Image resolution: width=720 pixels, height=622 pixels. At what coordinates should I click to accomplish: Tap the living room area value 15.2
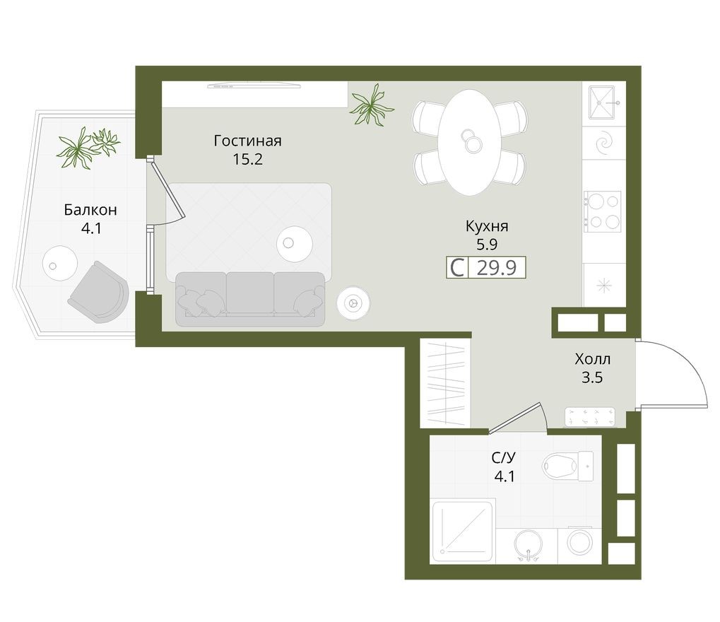247,159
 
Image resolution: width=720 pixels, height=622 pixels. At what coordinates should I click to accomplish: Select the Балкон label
90,210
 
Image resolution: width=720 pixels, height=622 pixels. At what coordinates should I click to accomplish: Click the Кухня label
487,227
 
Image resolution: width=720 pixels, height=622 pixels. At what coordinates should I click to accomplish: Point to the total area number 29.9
498,268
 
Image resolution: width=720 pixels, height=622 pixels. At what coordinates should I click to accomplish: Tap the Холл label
592,359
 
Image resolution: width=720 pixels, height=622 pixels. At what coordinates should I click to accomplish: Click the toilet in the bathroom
567,464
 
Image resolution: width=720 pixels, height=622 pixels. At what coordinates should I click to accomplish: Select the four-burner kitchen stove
603,211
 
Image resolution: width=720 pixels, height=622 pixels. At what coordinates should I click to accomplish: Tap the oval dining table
469,141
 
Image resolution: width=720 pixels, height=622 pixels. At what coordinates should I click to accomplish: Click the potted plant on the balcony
88,146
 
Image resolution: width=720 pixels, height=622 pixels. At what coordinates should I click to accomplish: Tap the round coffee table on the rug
293,243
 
